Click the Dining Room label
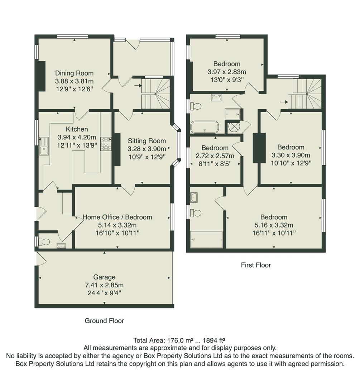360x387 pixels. pyautogui.click(x=74, y=73)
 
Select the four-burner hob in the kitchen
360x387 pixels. pyautogui.click(x=106, y=143)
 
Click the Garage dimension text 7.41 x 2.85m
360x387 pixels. pyautogui.click(x=104, y=285)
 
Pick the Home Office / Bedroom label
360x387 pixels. pyautogui.click(x=117, y=217)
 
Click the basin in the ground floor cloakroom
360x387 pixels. pyautogui.click(x=61, y=246)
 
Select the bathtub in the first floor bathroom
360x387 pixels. pyautogui.click(x=204, y=127)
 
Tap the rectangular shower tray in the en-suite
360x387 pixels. pyautogui.click(x=207, y=239)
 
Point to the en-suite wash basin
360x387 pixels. pyautogui.click(x=194, y=197)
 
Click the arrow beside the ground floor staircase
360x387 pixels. pyautogui.click(x=138, y=86)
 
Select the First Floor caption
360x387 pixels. pyautogui.click(x=256, y=265)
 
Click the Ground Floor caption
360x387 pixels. pyautogui.click(x=104, y=321)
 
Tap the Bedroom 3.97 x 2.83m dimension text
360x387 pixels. pyautogui.click(x=227, y=72)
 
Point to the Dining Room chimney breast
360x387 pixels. pyautogui.click(x=42, y=76)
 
